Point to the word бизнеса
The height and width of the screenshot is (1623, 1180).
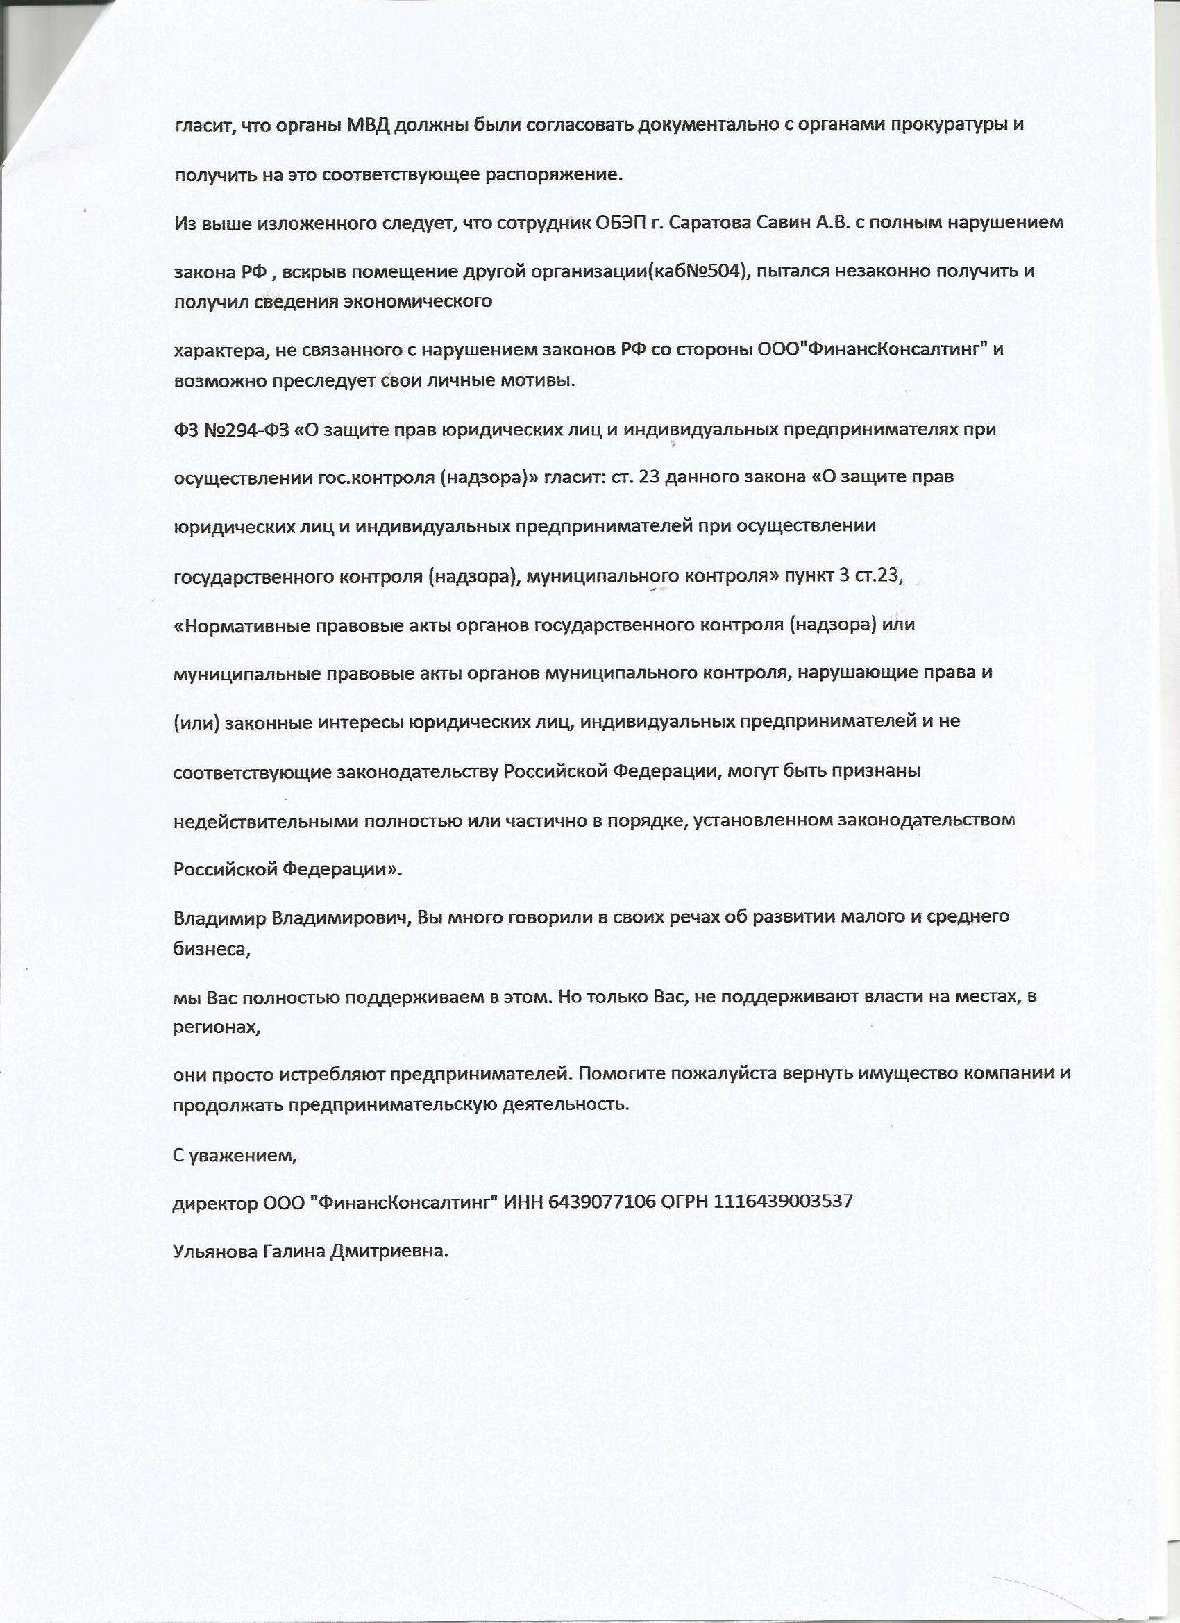tap(211, 949)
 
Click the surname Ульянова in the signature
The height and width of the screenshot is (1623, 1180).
tap(211, 1250)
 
